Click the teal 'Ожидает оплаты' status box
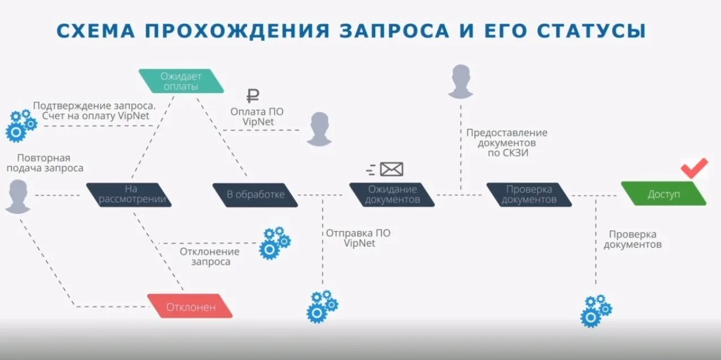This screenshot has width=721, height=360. tap(181, 81)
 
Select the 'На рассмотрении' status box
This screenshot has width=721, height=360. tap(129, 194)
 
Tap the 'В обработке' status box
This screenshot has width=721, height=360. tap(255, 194)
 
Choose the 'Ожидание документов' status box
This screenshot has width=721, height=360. tap(392, 194)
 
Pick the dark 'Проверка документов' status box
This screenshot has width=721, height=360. tap(529, 194)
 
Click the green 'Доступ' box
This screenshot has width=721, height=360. tap(663, 193)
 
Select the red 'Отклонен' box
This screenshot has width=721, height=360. tap(190, 306)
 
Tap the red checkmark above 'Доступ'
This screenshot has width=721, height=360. tap(694, 168)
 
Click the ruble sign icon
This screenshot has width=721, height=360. tap(253, 96)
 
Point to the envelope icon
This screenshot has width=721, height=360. tap(391, 168)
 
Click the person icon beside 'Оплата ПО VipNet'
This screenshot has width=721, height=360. tap(319, 129)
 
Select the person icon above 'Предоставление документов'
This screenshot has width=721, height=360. tap(461, 81)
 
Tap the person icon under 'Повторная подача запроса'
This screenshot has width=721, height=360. tap(18, 196)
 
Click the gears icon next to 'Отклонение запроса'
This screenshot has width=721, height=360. tap(275, 243)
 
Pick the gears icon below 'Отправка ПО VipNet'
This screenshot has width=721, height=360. tap(322, 306)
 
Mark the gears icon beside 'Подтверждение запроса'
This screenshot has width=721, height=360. tap(20, 125)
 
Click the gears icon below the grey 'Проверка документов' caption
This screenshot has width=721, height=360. tap(596, 310)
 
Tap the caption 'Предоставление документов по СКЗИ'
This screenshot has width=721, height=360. tap(506, 142)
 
